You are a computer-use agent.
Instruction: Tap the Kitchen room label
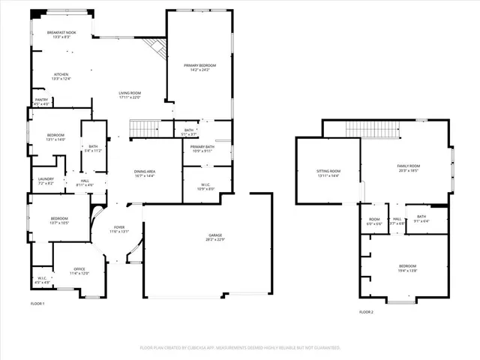(x=61, y=76)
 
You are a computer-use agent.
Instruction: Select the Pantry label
(x=41, y=102)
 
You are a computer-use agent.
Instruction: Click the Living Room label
(x=130, y=95)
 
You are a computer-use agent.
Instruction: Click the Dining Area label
(x=145, y=174)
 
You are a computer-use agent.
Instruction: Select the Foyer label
(x=120, y=229)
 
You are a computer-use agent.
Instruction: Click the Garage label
(x=215, y=237)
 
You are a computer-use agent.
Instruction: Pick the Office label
(x=79, y=271)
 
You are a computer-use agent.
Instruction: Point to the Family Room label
(x=407, y=168)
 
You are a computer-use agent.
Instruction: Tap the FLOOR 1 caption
(x=37, y=303)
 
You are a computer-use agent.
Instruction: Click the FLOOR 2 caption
(x=366, y=311)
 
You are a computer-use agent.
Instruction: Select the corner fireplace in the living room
(x=156, y=49)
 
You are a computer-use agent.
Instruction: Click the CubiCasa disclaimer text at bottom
(x=240, y=348)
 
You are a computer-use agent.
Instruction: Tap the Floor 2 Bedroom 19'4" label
(x=407, y=268)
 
